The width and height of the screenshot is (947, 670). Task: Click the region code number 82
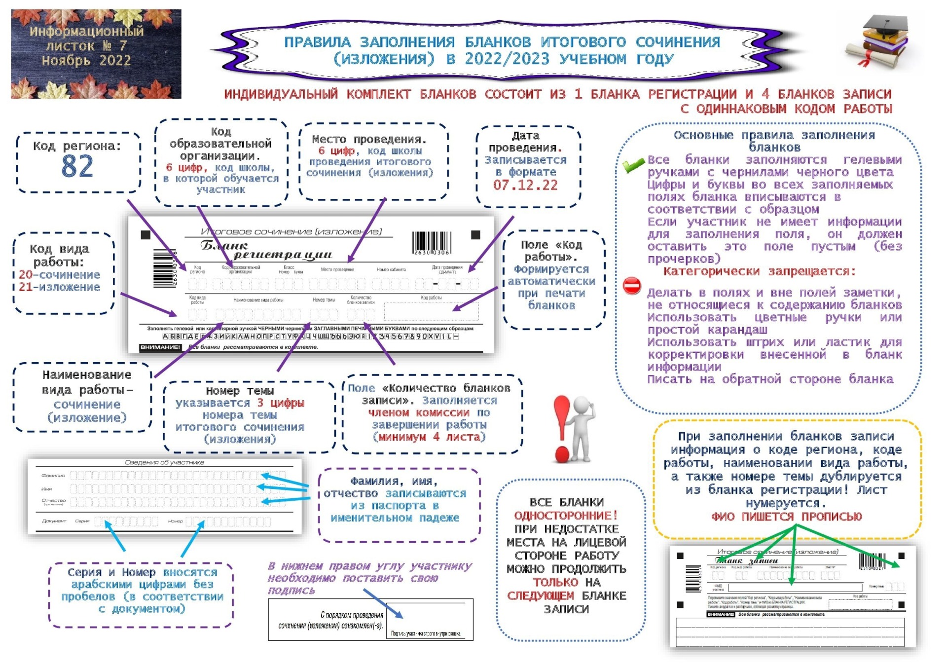[x=77, y=167]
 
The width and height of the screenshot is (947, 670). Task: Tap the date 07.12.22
[x=525, y=186]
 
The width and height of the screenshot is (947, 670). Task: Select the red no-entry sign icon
[x=632, y=286]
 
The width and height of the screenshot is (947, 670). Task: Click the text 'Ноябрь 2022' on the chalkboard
[x=86, y=61]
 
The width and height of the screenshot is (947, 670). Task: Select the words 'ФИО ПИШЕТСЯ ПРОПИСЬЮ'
[x=786, y=517]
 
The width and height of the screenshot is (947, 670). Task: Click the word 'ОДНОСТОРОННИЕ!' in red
[x=566, y=516]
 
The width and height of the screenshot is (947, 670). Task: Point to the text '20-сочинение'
[x=59, y=275]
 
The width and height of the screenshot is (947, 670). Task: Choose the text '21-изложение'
[x=59, y=287]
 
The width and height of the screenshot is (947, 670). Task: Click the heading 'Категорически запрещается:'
[x=759, y=271]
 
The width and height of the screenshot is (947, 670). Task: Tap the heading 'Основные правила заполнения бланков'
[x=774, y=141]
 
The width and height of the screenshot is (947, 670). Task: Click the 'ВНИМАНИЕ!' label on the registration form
[x=160, y=347]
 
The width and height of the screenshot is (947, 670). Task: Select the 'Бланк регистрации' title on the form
[x=266, y=250]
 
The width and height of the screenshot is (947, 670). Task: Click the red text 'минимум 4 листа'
[x=429, y=437]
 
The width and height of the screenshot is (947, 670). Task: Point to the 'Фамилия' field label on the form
[x=53, y=476]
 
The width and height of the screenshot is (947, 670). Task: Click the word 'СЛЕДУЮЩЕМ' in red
[x=541, y=596]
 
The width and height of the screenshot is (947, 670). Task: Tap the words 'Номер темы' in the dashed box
[x=240, y=391]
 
